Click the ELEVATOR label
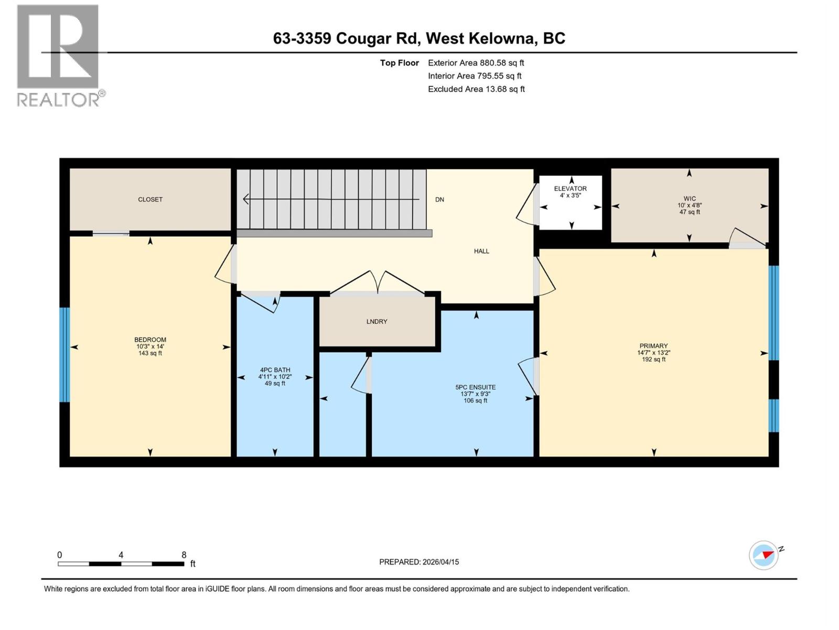571,188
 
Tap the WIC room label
690,199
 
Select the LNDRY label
377,321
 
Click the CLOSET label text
150,199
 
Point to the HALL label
481,251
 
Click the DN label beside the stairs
439,199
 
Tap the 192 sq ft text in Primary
653,360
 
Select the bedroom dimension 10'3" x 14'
150,346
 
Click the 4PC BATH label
275,370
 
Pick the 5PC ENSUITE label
476,387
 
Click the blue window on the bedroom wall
64,354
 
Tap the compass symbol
763,555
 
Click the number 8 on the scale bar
184,555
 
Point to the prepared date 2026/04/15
440,562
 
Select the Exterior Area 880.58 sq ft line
476,63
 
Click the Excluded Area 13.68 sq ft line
476,89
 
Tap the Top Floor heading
400,63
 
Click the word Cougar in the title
363,38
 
